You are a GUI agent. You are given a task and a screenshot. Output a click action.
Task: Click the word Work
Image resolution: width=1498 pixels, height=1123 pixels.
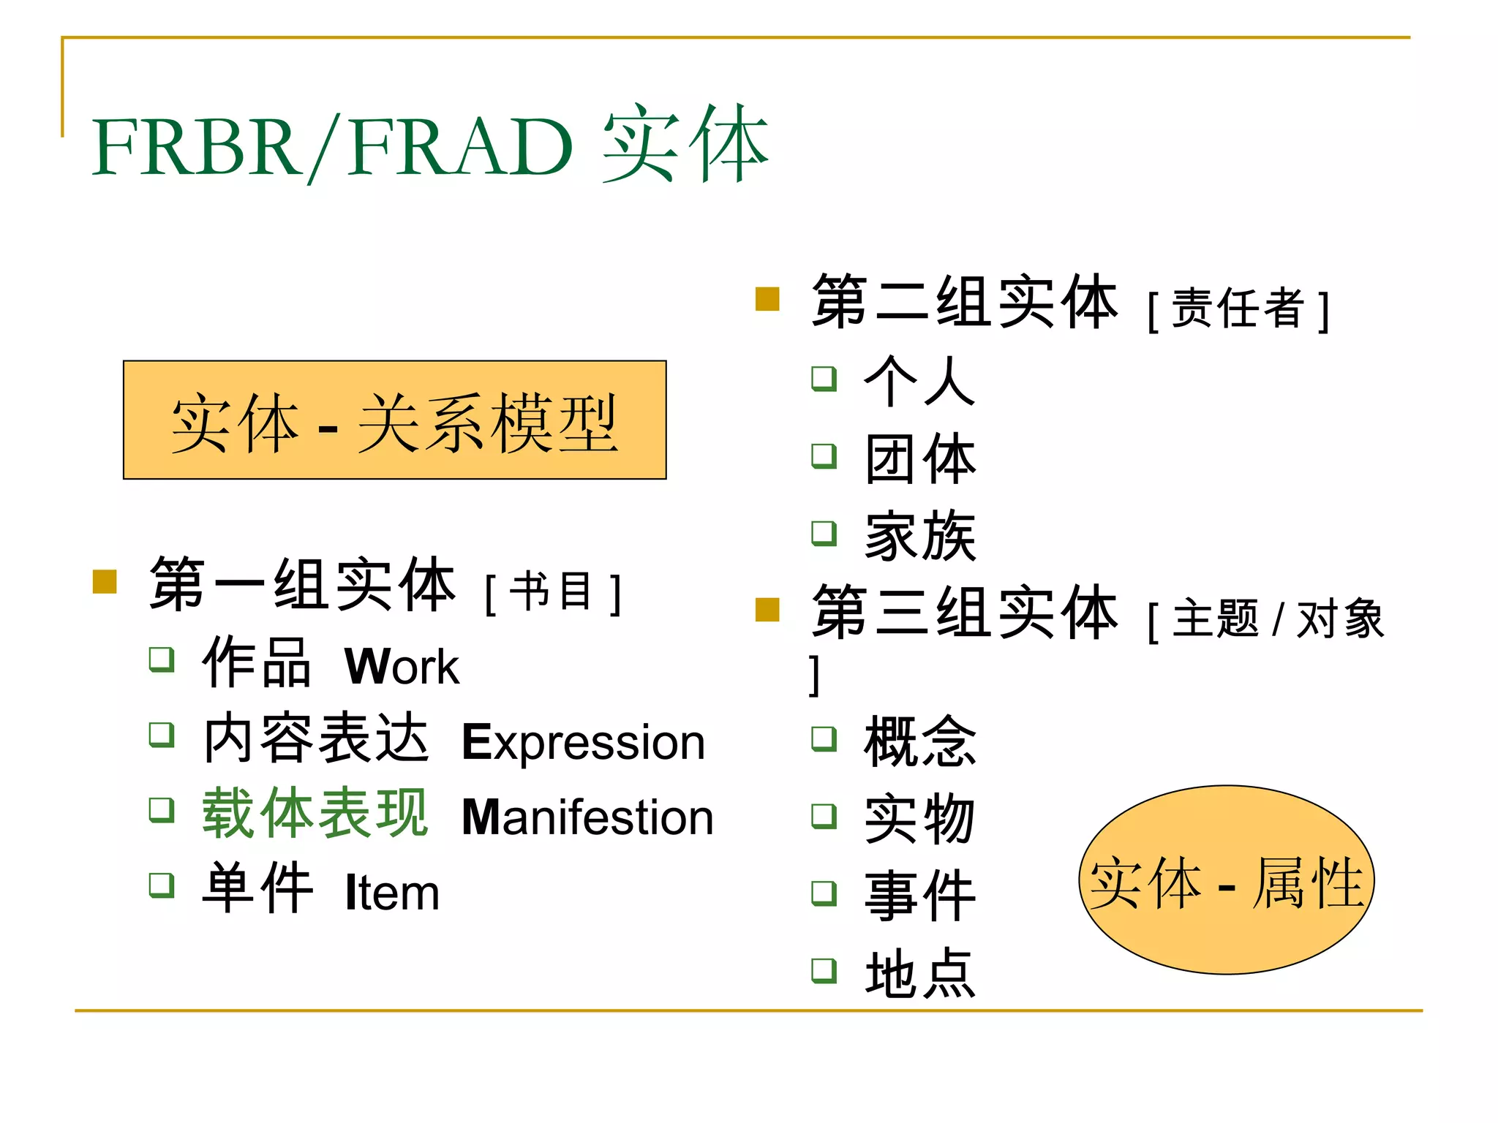point(402,666)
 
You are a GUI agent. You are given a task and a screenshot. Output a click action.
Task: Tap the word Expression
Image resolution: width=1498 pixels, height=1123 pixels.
point(584,742)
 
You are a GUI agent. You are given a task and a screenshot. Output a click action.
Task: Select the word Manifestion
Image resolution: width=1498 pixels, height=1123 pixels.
point(587,817)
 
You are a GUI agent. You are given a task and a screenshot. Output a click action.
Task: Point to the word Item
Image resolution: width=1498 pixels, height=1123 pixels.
point(392,893)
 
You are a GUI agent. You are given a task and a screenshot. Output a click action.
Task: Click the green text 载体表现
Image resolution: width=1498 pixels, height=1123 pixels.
point(315,813)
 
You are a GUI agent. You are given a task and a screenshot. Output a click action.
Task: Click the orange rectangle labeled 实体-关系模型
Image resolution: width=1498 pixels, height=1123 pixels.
point(394,420)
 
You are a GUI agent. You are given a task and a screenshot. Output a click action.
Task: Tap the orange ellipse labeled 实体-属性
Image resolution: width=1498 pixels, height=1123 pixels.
point(1226,880)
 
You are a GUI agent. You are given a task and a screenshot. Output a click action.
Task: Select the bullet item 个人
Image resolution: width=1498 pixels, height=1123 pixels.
point(919,381)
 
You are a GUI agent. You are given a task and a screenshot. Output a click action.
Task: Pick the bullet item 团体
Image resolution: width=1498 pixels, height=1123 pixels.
point(919,459)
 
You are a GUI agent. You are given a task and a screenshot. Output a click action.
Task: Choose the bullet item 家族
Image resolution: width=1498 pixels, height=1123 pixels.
point(919,537)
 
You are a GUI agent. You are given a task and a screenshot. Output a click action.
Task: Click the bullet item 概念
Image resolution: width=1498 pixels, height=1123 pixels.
point(919,742)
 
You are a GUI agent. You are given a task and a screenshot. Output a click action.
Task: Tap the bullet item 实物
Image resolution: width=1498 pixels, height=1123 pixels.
point(919,820)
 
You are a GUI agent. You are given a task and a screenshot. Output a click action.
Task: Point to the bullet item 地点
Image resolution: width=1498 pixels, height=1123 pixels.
point(919,974)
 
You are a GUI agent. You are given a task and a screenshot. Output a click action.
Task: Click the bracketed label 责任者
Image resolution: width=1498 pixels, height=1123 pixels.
point(1238,309)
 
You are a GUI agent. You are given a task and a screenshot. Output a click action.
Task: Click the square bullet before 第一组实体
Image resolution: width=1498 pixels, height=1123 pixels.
point(105,582)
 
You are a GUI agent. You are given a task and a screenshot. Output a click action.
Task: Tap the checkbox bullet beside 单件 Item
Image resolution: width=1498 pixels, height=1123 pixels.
point(162,885)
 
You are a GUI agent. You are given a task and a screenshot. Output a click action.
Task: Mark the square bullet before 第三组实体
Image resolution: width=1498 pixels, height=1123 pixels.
point(767,609)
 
